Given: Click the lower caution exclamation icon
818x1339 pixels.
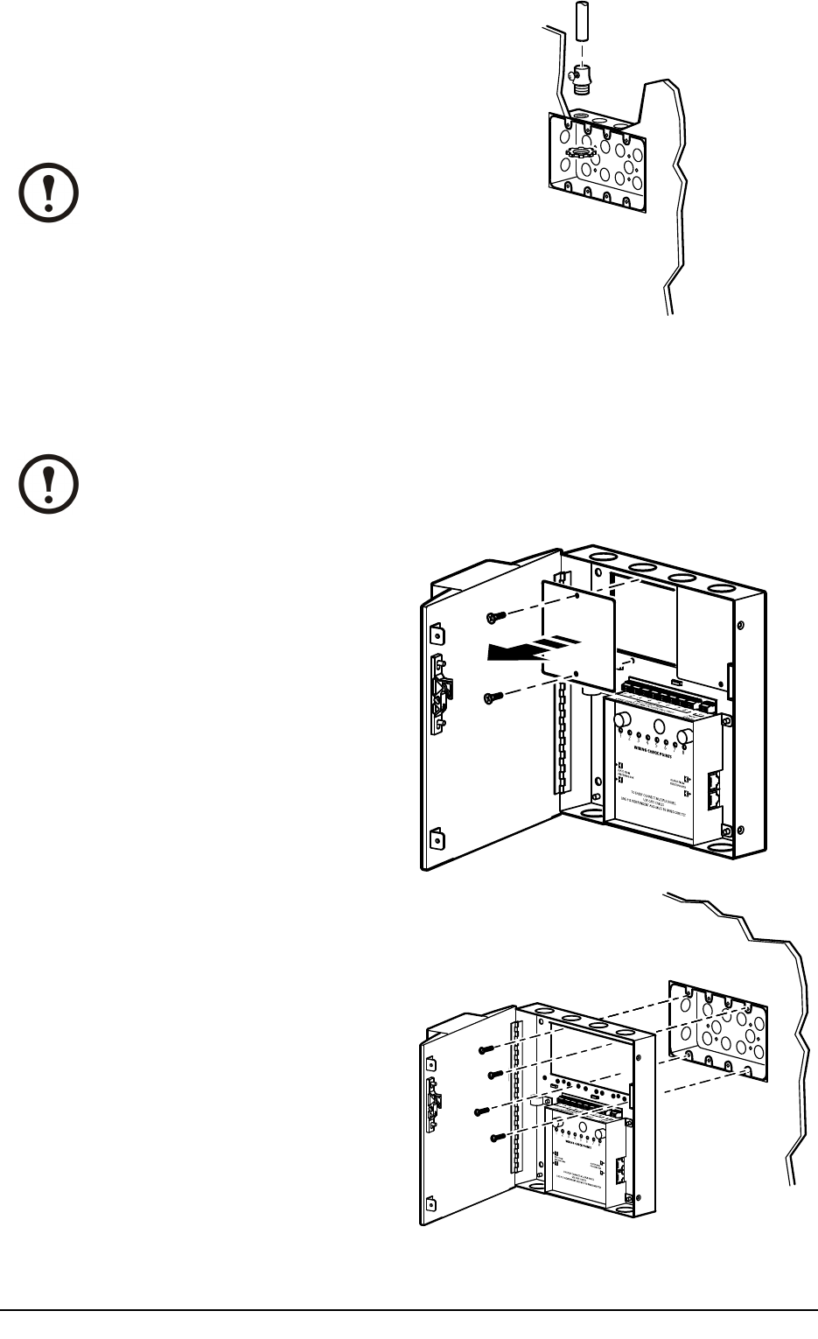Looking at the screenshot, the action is pos(49,483).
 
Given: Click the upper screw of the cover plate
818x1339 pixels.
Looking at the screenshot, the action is pos(494,618).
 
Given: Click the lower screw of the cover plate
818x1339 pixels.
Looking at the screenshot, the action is pos(493,697).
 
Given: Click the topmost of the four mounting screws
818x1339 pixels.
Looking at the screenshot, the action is pos(486,1048).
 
